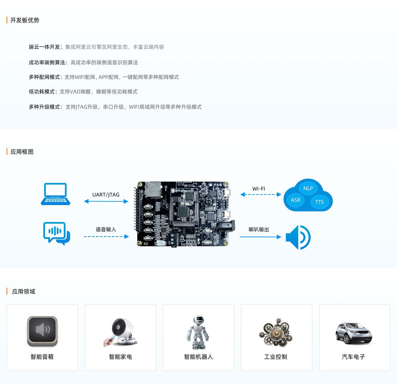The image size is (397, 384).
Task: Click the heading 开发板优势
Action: (x=25, y=20)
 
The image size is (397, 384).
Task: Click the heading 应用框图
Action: (x=22, y=152)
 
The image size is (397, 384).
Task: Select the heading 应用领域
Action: (x=23, y=292)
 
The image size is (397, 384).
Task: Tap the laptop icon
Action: (x=56, y=194)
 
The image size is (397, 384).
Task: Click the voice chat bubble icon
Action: (x=57, y=234)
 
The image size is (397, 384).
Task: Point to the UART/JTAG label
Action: (x=106, y=195)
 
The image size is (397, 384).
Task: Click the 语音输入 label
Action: (x=106, y=229)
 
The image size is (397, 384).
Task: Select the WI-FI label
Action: (x=259, y=189)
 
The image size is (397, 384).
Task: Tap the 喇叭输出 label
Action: (x=259, y=229)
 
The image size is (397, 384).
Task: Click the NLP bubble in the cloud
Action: (x=308, y=188)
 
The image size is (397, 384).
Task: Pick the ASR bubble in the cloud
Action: (x=296, y=200)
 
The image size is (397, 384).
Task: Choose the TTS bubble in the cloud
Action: (x=320, y=202)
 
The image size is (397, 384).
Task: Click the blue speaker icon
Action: (x=298, y=237)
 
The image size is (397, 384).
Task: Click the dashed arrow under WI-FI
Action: (x=261, y=194)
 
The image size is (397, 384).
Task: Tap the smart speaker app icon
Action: (x=42, y=331)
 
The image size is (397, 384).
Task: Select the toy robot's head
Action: (x=198, y=320)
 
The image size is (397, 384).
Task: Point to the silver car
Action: (x=354, y=333)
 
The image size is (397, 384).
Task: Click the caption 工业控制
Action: (x=276, y=357)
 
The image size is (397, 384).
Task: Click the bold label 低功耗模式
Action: (x=42, y=92)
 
